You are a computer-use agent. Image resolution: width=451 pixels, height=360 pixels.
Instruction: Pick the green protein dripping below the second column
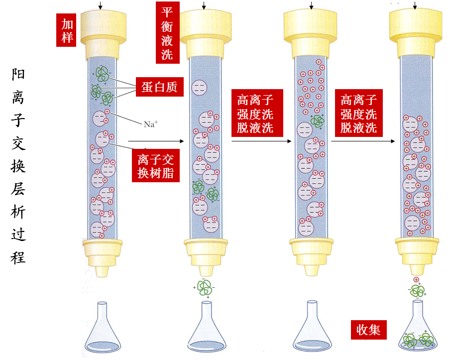pyautogui.click(x=204, y=287)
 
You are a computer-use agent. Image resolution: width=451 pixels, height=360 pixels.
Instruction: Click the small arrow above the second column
pyautogui.click(x=204, y=5)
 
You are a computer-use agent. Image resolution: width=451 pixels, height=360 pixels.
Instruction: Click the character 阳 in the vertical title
pyautogui.click(x=18, y=75)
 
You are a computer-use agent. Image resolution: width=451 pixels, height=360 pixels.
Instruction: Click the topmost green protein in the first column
pyautogui.click(x=103, y=74)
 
